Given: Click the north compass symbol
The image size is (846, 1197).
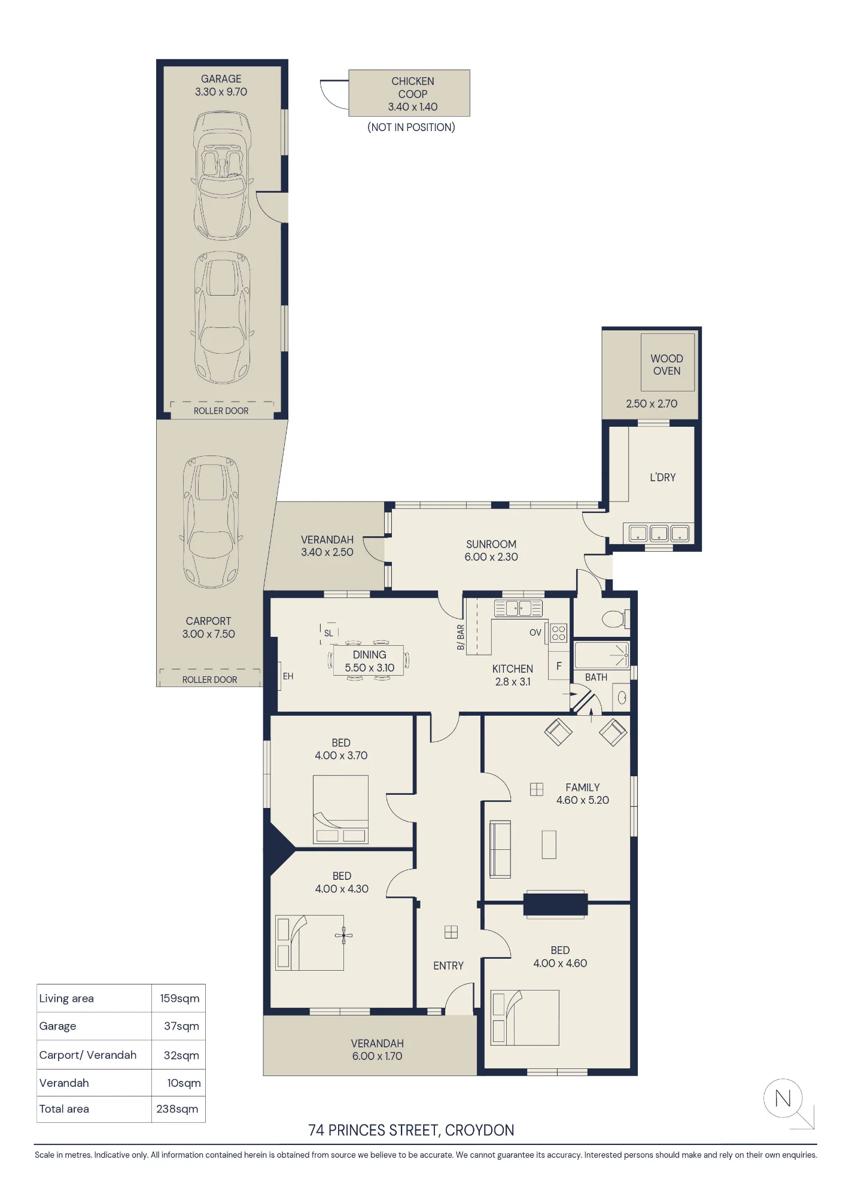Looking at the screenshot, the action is pyautogui.click(x=783, y=1098).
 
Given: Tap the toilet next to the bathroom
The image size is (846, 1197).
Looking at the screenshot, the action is pyautogui.click(x=616, y=618).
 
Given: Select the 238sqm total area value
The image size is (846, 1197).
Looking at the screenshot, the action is pyautogui.click(x=177, y=1109).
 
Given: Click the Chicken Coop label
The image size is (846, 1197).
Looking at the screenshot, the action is pyautogui.click(x=413, y=87).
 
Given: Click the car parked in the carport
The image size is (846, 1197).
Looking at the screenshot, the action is pyautogui.click(x=211, y=521).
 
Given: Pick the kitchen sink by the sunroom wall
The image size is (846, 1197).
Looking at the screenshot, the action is pyautogui.click(x=518, y=608).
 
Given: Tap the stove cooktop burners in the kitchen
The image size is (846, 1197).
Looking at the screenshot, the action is pyautogui.click(x=559, y=633).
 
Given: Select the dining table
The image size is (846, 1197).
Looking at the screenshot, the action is pyautogui.click(x=369, y=661).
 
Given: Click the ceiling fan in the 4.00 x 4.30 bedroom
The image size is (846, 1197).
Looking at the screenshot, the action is pyautogui.click(x=343, y=935).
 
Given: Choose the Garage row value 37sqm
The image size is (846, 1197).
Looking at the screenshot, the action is pyautogui.click(x=181, y=1026).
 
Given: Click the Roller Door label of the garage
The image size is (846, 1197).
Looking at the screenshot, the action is pyautogui.click(x=221, y=411).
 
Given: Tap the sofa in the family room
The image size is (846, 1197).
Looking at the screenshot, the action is pyautogui.click(x=500, y=849).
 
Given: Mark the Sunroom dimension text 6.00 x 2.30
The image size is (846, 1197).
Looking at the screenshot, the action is pyautogui.click(x=491, y=557).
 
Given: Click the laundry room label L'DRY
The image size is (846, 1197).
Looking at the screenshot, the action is pyautogui.click(x=663, y=478).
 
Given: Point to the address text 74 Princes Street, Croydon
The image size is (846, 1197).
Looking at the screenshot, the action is pyautogui.click(x=411, y=1131).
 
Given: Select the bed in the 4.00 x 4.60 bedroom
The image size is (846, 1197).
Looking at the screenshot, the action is pyautogui.click(x=525, y=1017).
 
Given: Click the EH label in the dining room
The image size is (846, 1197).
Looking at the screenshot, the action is pyautogui.click(x=288, y=676).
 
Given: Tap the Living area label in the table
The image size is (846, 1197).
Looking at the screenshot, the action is pyautogui.click(x=66, y=998).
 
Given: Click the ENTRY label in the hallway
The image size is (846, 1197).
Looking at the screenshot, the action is pyautogui.click(x=448, y=966).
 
